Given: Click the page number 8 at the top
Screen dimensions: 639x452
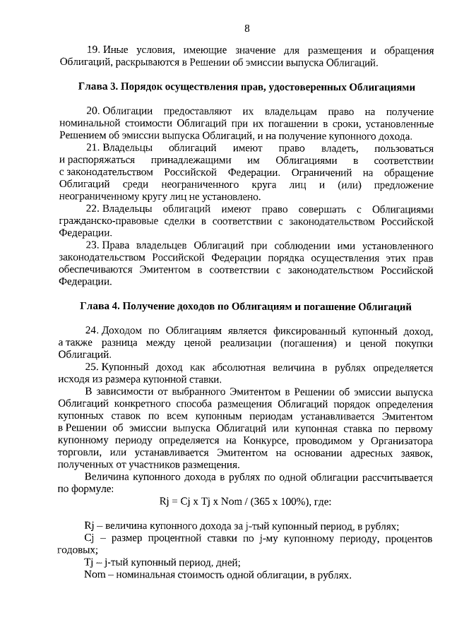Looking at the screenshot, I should coord(246,28).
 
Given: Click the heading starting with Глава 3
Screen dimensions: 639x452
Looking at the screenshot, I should coord(246,88).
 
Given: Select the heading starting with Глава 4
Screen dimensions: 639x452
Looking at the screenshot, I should coord(246,306).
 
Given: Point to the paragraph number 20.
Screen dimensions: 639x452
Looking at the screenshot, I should coord(93,112).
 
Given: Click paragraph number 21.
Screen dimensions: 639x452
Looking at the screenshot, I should coord(93,148).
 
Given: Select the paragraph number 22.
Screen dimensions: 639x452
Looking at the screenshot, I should coord(93,209).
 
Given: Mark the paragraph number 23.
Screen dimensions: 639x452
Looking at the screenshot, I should coord(93,246).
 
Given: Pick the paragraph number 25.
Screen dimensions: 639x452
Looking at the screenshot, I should coord(93,367).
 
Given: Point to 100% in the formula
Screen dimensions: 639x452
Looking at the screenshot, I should coord(301,502).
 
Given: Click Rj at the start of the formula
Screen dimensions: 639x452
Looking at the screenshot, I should coord(165,502).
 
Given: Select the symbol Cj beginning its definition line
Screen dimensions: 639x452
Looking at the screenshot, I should coord(89,539).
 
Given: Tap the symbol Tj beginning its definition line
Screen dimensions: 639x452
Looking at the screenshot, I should coord(89,563).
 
